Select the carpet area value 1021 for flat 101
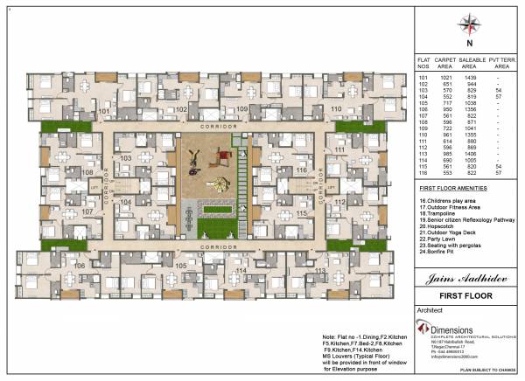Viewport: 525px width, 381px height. pyautogui.click(x=444, y=78)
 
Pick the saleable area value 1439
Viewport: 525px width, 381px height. pyautogui.click(x=469, y=78)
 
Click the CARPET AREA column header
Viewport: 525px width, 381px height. pyautogui.click(x=444, y=61)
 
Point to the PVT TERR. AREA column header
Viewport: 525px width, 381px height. pyautogui.click(x=499, y=61)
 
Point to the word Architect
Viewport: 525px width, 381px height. pyautogui.click(x=430, y=309)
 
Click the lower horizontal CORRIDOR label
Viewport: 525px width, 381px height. pyautogui.click(x=213, y=247)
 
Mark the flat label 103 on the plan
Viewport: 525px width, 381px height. pyautogui.click(x=126, y=158)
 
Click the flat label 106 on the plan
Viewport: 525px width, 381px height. pyautogui.click(x=80, y=265)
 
